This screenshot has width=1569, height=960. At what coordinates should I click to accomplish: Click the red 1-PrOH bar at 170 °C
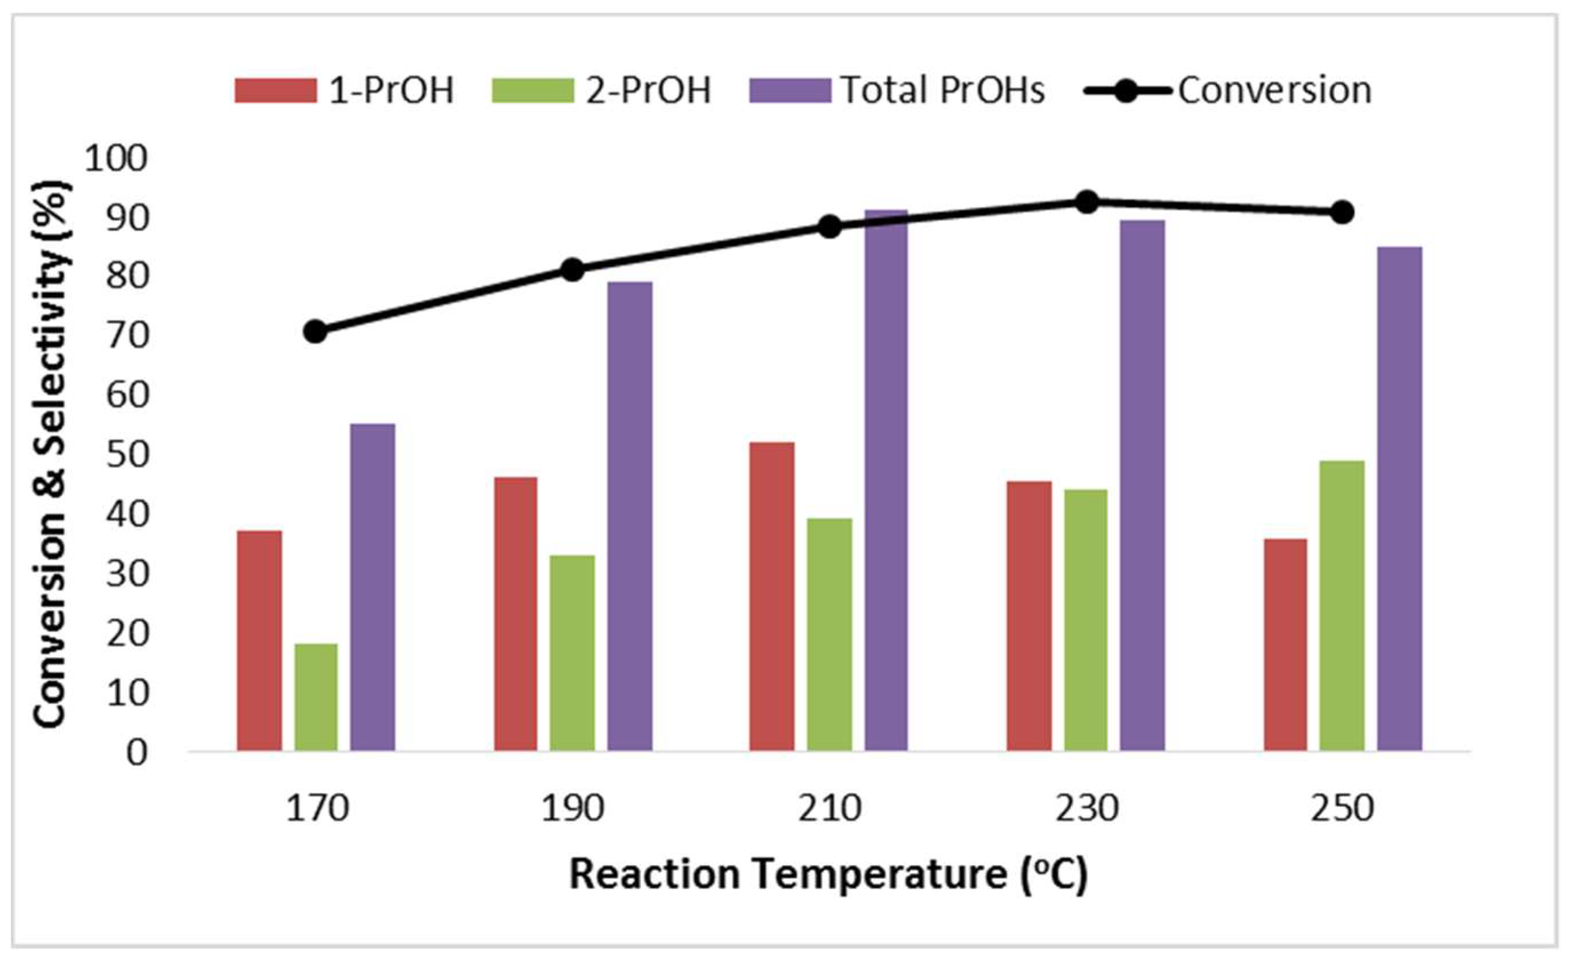[x=259, y=640]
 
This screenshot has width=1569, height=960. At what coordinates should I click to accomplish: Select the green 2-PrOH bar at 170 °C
[x=317, y=697]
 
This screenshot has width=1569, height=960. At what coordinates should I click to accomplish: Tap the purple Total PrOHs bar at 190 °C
[x=630, y=516]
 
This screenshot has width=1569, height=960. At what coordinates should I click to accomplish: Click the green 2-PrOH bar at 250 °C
[x=1342, y=605]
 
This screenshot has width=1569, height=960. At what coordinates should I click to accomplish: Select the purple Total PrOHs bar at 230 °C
[x=1142, y=485]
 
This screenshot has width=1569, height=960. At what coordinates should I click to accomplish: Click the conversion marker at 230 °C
[x=1086, y=202]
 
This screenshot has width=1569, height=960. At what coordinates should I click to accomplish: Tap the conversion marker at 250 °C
[x=1342, y=212]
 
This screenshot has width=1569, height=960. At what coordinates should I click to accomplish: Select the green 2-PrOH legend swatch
[x=533, y=90]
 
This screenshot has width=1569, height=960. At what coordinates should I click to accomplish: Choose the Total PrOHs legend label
[x=943, y=90]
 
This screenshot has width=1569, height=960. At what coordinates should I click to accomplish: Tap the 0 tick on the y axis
[x=136, y=753]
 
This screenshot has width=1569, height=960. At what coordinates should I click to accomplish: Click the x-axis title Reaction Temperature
[x=828, y=875]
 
